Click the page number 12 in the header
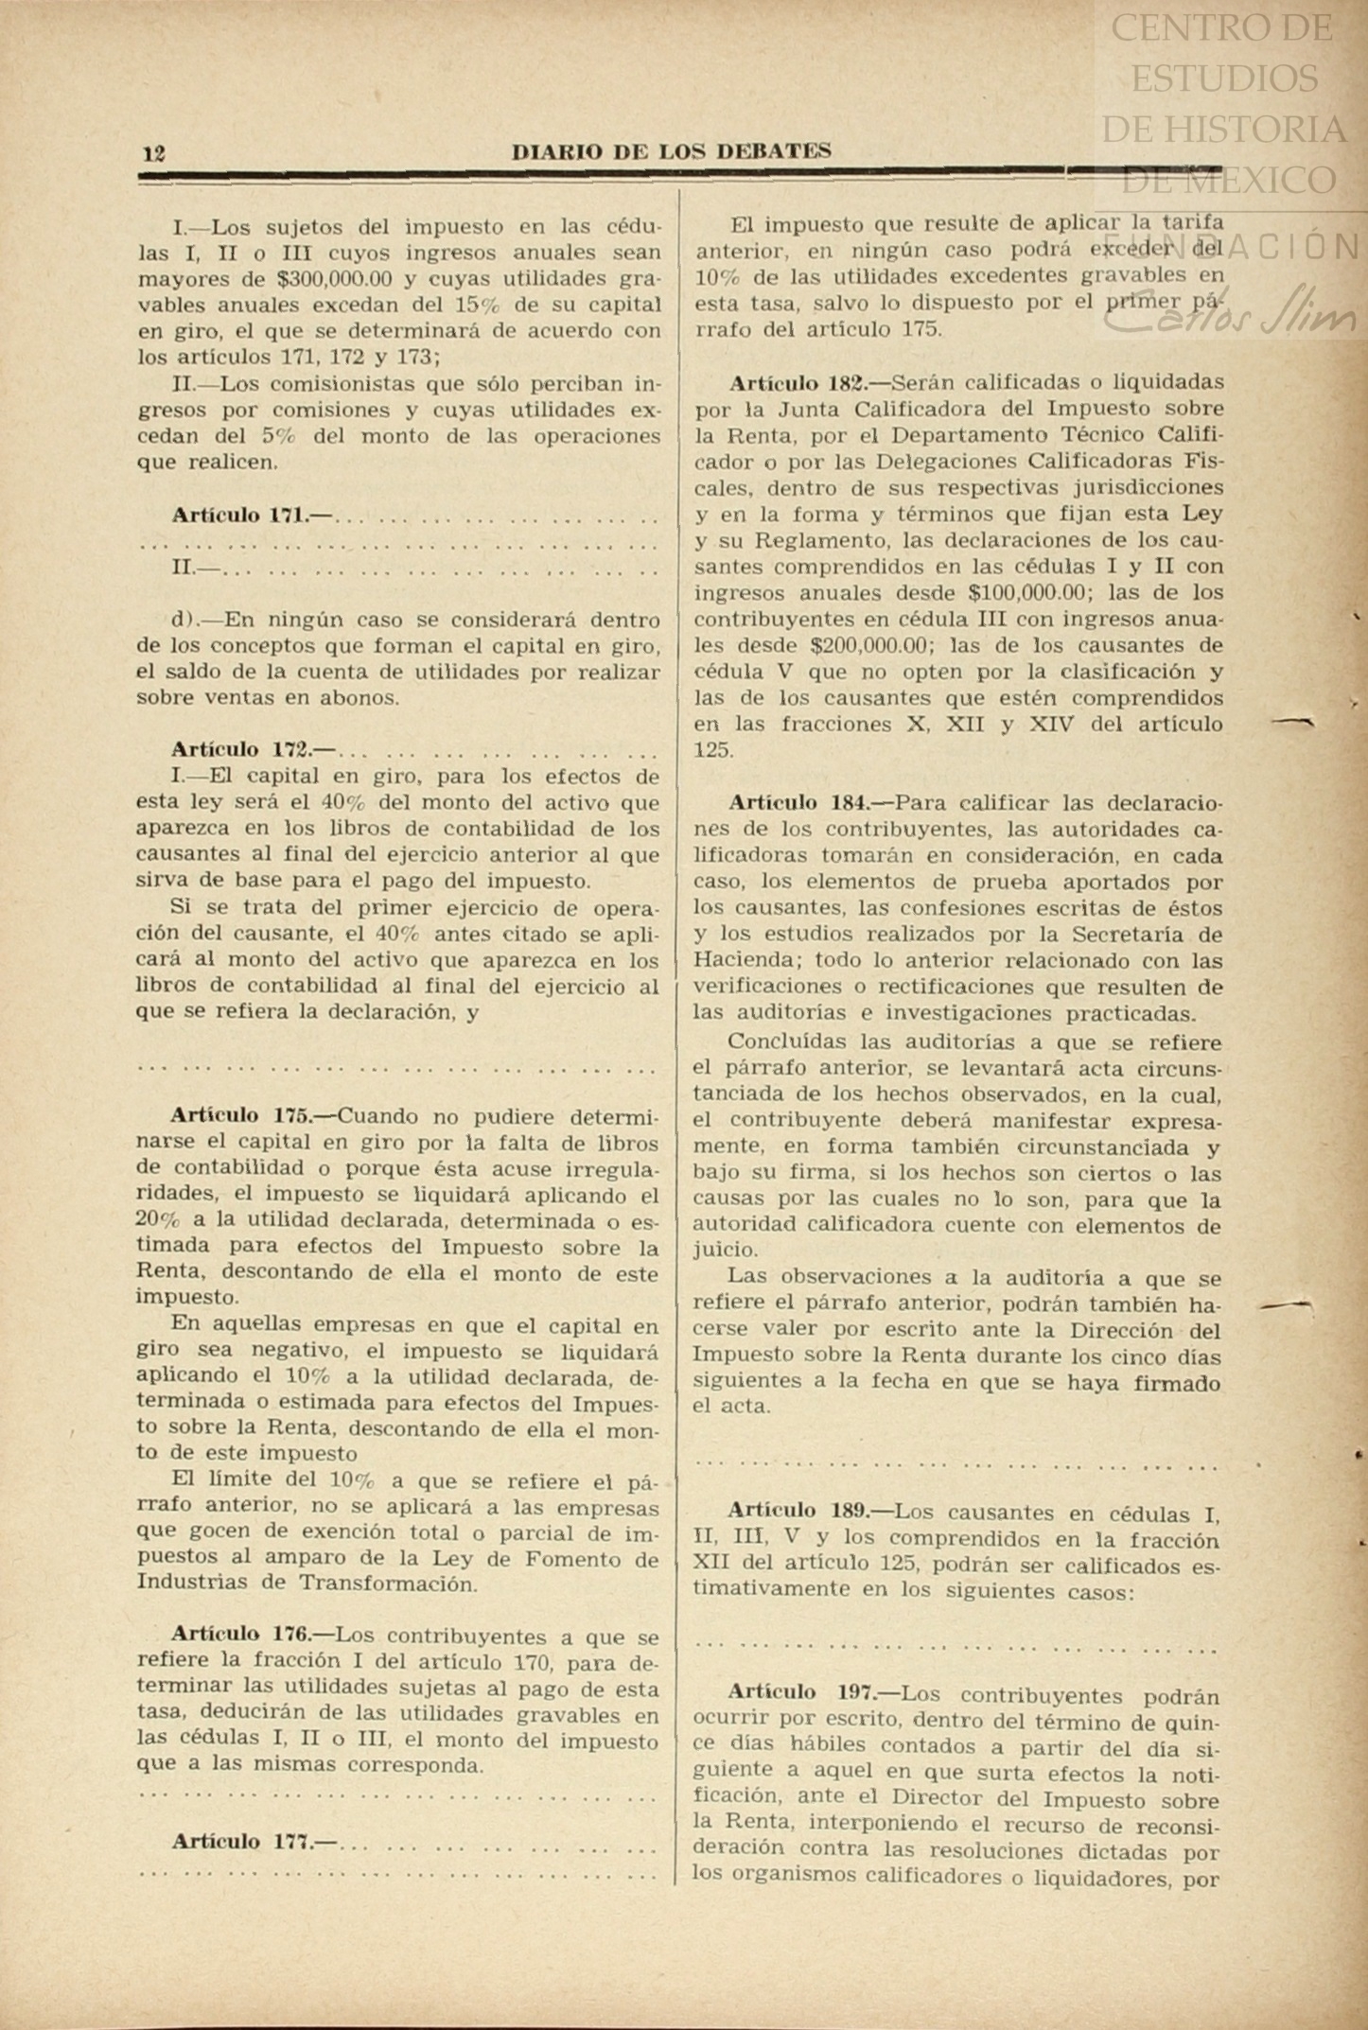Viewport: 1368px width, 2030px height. [x=154, y=153]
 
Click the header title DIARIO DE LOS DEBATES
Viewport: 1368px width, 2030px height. [x=671, y=151]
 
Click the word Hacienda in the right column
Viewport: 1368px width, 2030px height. [x=737, y=961]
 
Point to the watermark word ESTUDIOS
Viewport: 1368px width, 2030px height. [x=1224, y=78]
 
